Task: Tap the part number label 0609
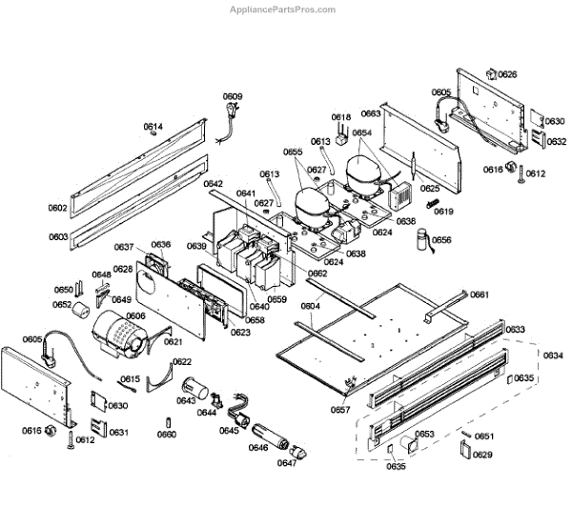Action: [233, 96]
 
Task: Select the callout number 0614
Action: [153, 127]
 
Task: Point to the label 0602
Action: [58, 207]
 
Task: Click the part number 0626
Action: [507, 74]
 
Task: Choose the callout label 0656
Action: [441, 240]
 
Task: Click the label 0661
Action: [479, 294]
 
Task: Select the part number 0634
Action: [553, 355]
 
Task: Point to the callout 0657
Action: [341, 410]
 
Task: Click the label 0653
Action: [425, 435]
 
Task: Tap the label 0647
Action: [287, 463]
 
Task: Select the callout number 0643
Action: [186, 401]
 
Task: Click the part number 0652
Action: [62, 305]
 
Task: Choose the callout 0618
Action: [341, 118]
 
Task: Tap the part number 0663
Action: [371, 113]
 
